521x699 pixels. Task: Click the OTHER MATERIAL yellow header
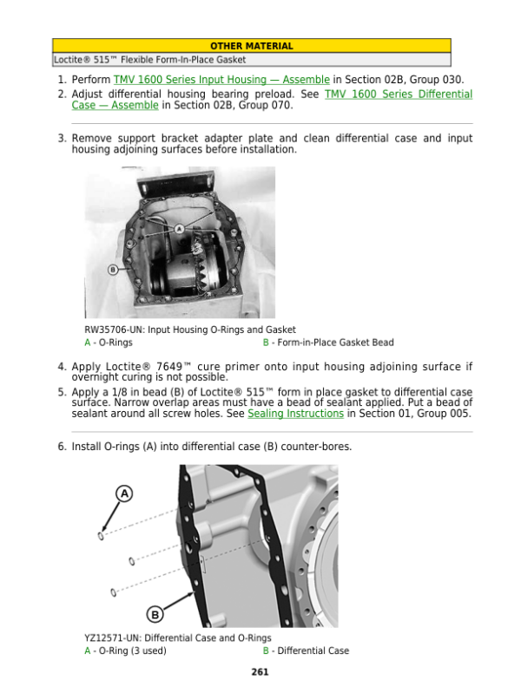pyautogui.click(x=251, y=46)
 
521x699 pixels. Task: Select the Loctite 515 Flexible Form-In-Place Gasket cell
pyautogui.click(x=150, y=60)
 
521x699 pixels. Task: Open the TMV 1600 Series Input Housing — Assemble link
pyautogui.click(x=221, y=79)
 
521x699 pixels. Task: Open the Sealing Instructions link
pyautogui.click(x=295, y=414)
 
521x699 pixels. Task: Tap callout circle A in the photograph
pyautogui.click(x=179, y=229)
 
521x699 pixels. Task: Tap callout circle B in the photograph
pyautogui.click(x=112, y=270)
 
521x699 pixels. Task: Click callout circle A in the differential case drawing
pyautogui.click(x=124, y=493)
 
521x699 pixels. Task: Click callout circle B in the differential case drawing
pyautogui.click(x=155, y=615)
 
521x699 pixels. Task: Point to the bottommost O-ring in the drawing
pyautogui.click(x=115, y=592)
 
